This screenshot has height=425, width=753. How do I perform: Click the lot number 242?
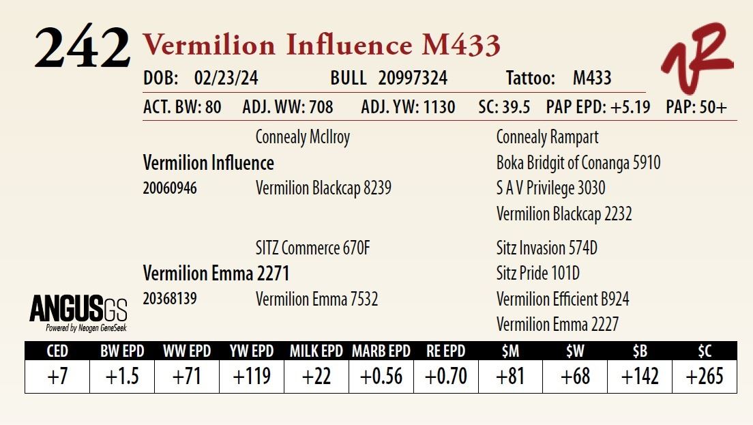point(82,48)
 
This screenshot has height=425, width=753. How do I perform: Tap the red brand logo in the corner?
point(696,57)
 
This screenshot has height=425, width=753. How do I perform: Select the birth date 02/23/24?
point(226,78)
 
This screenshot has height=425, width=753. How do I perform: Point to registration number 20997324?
point(413,78)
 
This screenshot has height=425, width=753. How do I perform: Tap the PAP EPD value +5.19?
point(627,108)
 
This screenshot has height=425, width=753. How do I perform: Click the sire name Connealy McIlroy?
point(302,137)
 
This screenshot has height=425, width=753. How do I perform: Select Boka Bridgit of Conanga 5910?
point(578,163)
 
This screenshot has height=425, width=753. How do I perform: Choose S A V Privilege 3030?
point(550,188)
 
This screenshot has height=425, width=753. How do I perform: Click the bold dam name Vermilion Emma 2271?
point(216,274)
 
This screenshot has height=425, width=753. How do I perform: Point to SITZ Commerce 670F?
point(312,248)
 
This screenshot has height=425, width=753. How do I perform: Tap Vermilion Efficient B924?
point(563,299)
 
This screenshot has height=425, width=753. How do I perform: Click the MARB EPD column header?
point(381,351)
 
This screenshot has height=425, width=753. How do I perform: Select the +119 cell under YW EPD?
point(252,376)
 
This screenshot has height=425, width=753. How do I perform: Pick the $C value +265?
point(705,376)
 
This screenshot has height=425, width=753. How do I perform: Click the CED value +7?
point(57,376)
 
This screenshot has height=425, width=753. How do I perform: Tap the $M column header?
point(510,351)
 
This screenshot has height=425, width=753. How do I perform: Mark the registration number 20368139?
point(170,299)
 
